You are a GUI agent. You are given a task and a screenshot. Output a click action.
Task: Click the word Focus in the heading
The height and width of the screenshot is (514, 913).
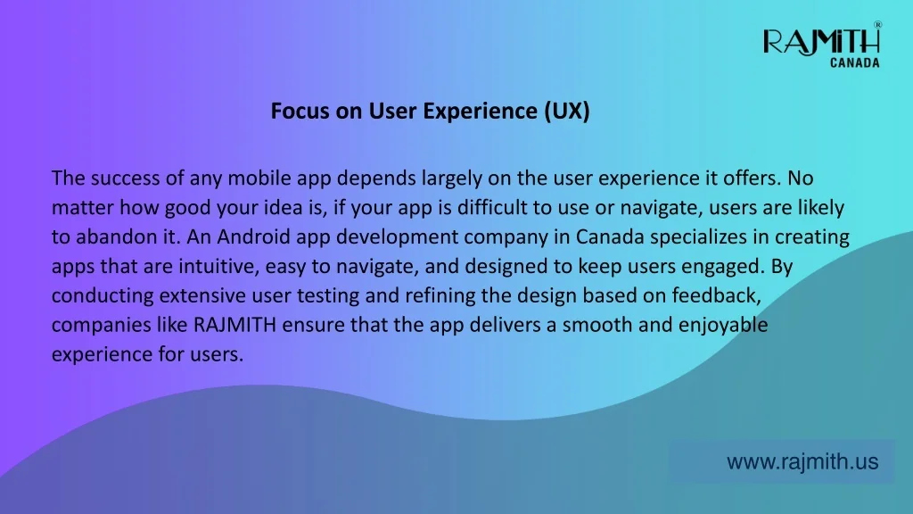pos(300,111)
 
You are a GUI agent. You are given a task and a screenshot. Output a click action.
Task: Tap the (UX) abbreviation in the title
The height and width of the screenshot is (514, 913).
pos(567,112)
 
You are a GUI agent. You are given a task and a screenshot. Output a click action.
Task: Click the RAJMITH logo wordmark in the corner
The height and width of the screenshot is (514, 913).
pos(821,43)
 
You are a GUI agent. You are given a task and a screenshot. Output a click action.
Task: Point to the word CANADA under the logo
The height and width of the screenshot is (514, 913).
pos(855,63)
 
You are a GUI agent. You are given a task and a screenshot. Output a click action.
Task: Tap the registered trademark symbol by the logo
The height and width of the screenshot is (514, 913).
pos(877,24)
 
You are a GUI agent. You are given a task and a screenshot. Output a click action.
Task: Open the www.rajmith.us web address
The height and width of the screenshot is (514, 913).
pos(802,461)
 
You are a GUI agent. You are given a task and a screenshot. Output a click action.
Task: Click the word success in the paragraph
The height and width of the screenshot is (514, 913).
pos(125,178)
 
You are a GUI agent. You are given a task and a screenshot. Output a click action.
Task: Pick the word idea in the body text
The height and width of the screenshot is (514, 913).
pos(283,207)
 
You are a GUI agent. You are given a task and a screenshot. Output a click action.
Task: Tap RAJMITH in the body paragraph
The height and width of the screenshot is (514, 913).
pos(234,325)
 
